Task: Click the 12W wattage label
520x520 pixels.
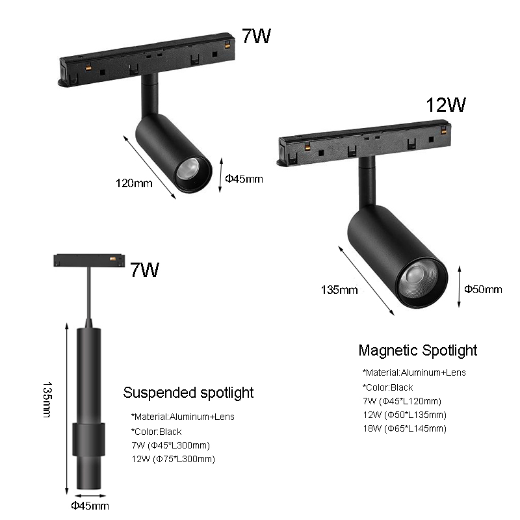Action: coord(446,105)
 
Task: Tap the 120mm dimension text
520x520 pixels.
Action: coord(133,183)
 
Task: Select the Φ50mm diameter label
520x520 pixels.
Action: coord(483,289)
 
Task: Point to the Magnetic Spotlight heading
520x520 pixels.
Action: coord(417,351)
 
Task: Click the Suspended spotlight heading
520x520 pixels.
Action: coord(188,393)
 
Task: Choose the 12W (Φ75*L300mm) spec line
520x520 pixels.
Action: coord(173,459)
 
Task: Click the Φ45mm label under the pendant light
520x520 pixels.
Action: coord(90,505)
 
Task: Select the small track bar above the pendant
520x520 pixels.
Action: coord(88,260)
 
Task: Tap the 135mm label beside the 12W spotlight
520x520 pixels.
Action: coord(339,290)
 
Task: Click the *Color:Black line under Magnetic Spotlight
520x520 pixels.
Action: coord(388,387)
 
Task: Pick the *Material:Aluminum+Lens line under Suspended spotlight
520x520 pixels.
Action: coord(183,417)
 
